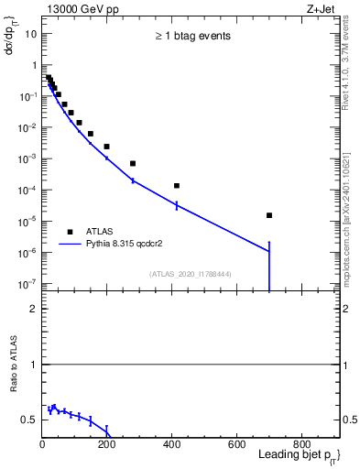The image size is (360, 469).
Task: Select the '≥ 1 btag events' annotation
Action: point(192,37)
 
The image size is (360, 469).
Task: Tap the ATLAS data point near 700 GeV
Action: point(269,215)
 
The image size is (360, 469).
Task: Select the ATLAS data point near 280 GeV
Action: point(133,163)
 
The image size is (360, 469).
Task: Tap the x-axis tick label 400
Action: point(172,446)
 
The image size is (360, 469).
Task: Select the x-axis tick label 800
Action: point(301,446)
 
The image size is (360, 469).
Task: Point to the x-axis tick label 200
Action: point(107,446)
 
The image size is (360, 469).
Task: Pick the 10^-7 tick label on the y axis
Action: point(27,284)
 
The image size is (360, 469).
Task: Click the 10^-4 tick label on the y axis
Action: point(27,190)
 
